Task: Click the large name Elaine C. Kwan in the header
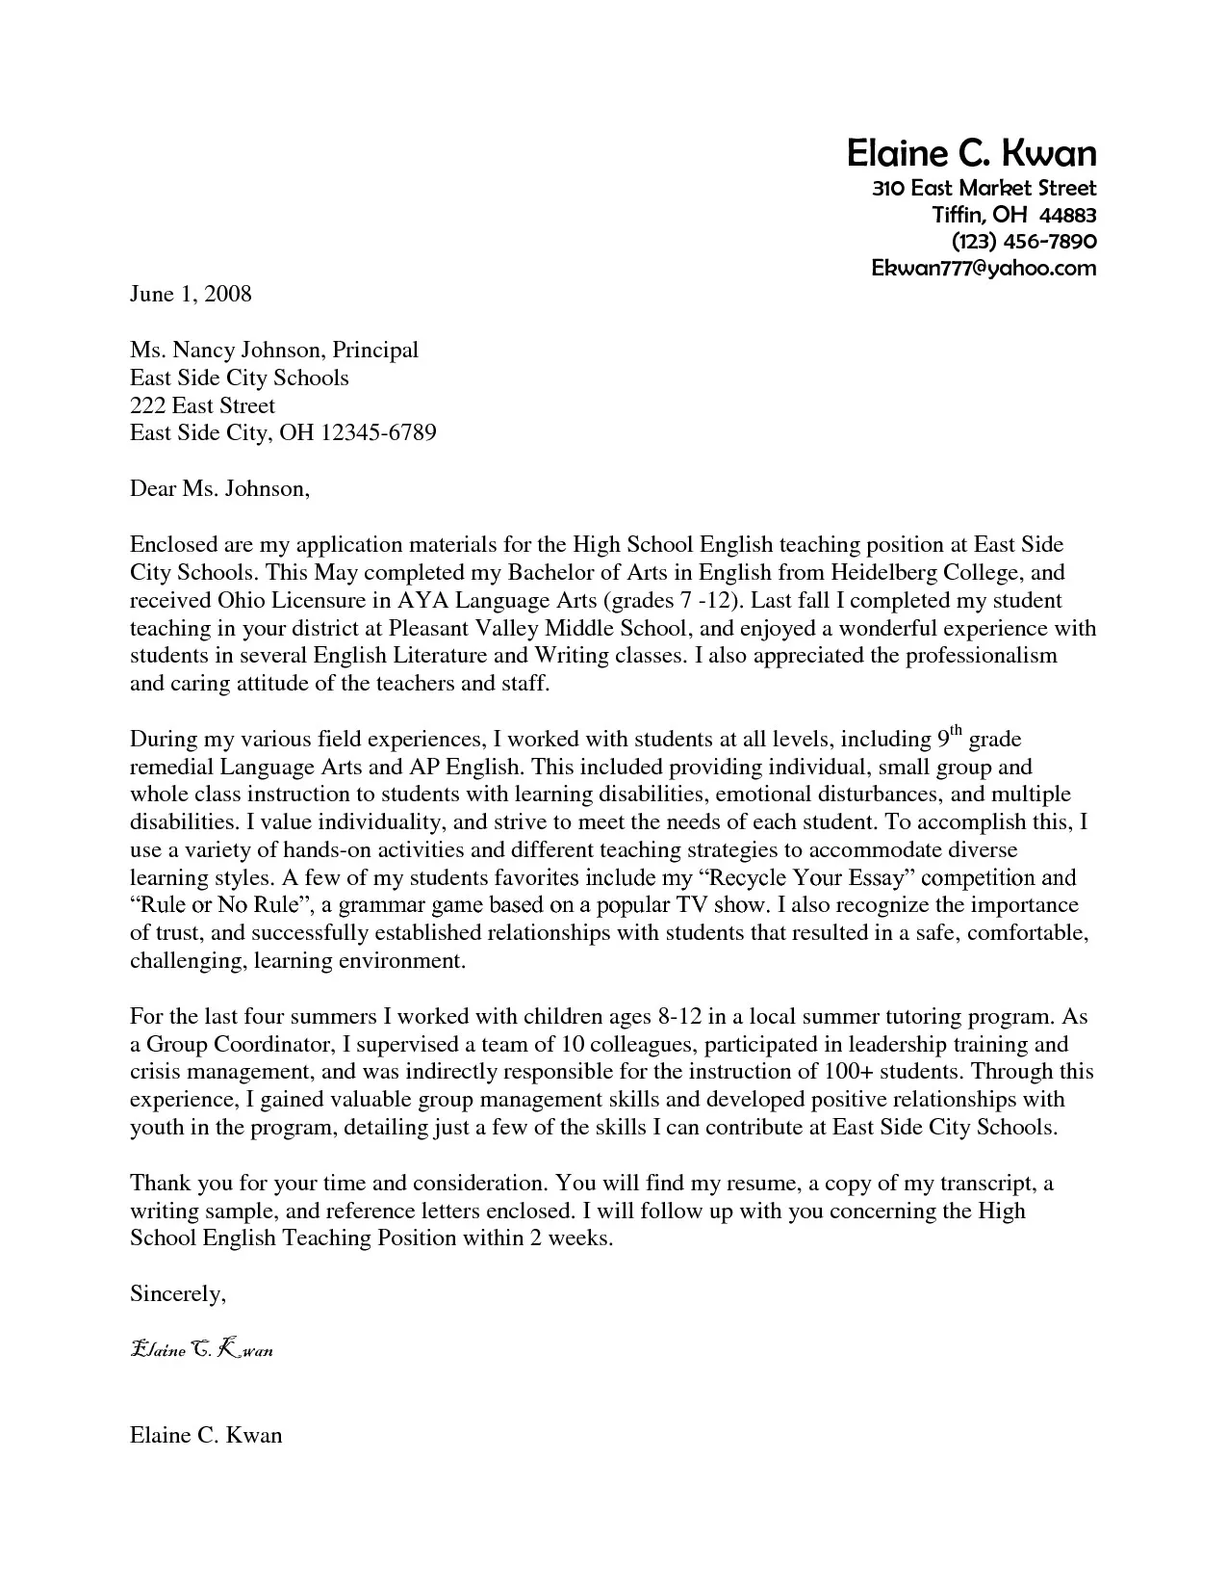pos(970,153)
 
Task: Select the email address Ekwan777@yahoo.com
pos(983,269)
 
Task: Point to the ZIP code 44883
pos(1067,214)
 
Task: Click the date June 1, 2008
pos(191,294)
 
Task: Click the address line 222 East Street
pos(202,405)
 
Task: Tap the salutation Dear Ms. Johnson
pos(219,489)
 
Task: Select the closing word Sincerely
pos(177,1294)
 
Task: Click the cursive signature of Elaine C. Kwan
pos(201,1349)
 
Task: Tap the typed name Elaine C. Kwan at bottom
pos(206,1435)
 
